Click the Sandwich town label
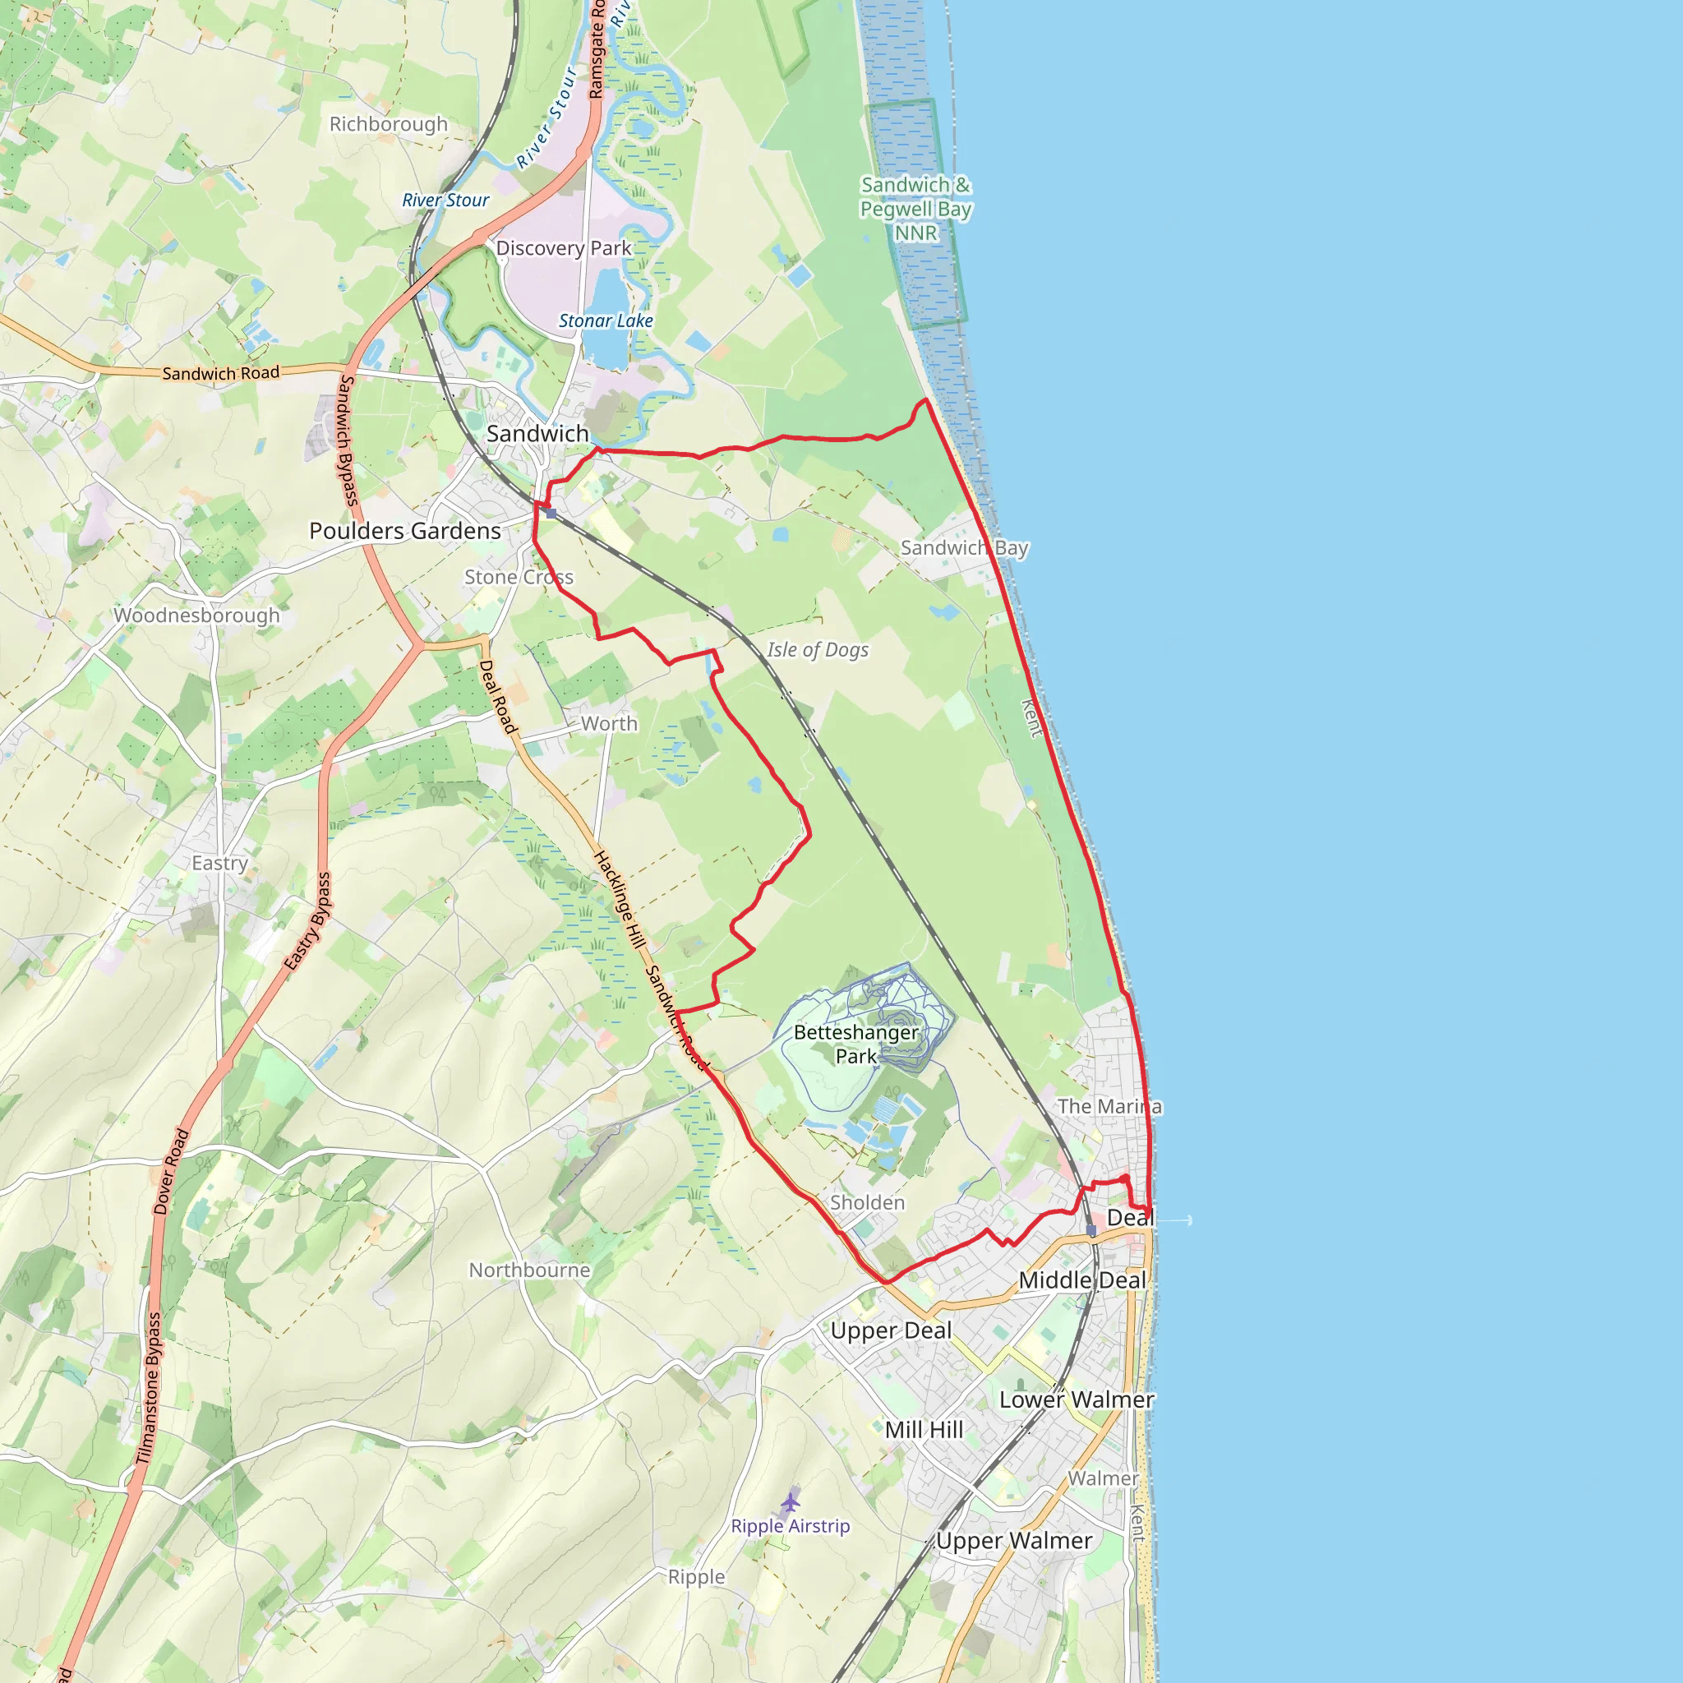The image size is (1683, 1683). pos(537,433)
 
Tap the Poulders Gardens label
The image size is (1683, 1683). pos(405,531)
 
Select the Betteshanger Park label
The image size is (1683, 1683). pos(855,1044)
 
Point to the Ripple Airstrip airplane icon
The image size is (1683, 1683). pos(790,1503)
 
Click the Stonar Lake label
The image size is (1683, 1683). pos(606,320)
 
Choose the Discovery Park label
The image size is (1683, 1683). pos(563,248)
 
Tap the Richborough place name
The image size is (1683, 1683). pos(389,124)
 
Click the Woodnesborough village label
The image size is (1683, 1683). pos(197,615)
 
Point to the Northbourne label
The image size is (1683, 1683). pos(530,1270)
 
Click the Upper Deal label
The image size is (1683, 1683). pos(891,1330)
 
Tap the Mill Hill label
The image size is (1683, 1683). pos(924,1430)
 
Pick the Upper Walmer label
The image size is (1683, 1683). pos(1014,1540)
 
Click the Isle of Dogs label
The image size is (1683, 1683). pos(817,650)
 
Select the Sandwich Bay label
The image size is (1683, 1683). pos(964,548)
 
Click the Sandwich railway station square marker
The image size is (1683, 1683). pos(551,513)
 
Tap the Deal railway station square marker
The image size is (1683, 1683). pos(1090,1230)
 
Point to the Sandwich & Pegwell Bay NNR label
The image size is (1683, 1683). pos(915,209)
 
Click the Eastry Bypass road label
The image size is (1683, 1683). pos(307,922)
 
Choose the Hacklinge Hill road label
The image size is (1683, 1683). pos(620,900)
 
